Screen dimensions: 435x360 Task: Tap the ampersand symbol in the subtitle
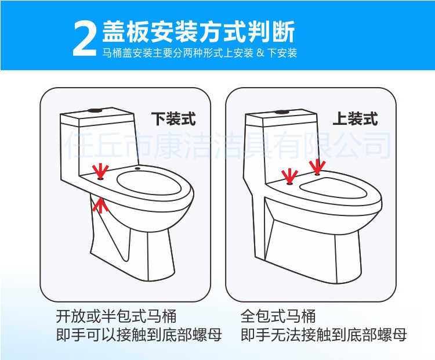(260, 52)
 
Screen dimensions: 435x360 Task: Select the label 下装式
(173, 119)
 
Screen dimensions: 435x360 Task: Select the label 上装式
(356, 119)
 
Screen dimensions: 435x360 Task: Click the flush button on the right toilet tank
(281, 112)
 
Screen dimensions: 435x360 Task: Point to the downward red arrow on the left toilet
(100, 171)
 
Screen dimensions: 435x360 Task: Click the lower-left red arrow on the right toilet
(289, 176)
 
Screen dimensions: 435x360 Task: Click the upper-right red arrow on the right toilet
(317, 167)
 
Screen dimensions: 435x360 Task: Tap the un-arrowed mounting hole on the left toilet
(137, 168)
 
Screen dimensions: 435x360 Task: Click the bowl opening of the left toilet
(149, 183)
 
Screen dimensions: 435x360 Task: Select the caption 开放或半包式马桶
(116, 316)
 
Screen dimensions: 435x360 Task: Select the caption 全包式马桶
(278, 316)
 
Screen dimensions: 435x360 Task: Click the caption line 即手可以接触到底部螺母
(139, 335)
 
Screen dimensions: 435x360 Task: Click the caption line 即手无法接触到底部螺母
(324, 335)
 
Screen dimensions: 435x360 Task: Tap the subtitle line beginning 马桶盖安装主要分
(200, 52)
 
